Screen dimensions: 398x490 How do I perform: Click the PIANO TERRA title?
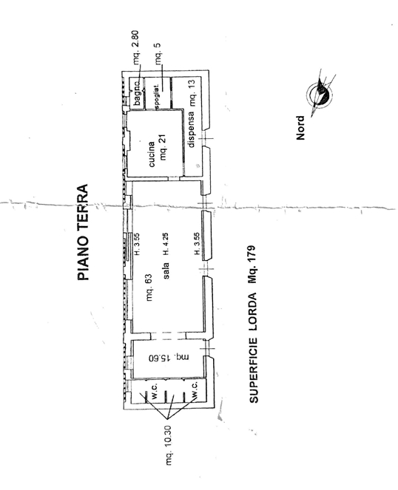83,232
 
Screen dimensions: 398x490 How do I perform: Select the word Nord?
300,128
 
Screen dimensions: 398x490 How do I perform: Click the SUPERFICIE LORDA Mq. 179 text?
254,324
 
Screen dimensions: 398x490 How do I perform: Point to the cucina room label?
151,154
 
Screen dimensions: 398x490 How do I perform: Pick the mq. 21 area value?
163,148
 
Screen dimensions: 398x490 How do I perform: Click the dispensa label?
191,129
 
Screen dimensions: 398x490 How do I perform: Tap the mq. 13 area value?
191,93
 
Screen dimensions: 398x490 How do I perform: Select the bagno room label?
137,92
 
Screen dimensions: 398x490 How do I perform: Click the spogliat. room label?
158,96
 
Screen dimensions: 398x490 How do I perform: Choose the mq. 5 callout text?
158,53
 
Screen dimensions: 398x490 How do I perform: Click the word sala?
166,270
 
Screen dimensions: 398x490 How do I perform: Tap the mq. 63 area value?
149,287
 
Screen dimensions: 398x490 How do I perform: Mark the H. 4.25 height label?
166,245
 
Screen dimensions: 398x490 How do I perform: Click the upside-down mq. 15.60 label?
169,357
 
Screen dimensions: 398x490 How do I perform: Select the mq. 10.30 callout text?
168,445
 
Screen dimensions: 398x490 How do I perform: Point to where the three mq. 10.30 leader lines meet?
167,419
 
